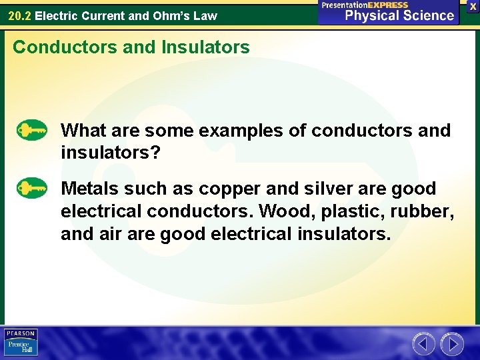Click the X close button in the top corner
[473, 5]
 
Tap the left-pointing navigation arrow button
[424, 344]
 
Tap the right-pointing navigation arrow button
[452, 344]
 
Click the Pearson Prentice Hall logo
[21, 343]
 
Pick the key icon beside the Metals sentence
[31, 188]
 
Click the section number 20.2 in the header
[19, 15]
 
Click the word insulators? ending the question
[111, 153]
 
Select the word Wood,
[288, 212]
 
